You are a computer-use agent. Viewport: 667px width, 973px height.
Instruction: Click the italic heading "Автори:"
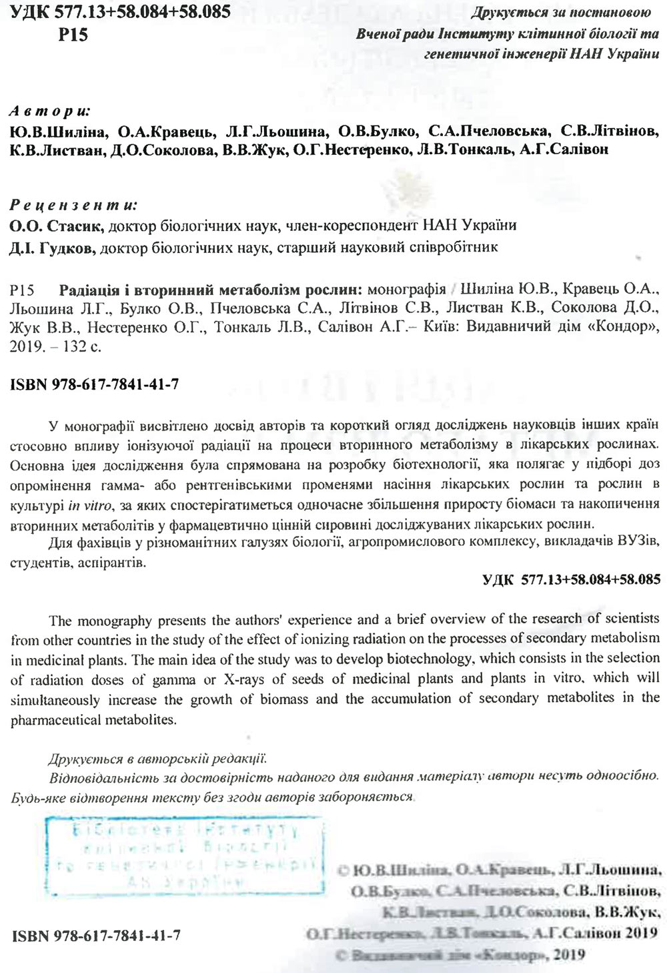coord(51,111)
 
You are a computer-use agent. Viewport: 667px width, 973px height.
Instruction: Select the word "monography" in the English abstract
coord(115,621)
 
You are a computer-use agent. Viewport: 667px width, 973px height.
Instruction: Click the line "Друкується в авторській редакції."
coord(158,759)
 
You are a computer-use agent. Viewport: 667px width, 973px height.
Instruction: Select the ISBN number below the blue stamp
coord(96,935)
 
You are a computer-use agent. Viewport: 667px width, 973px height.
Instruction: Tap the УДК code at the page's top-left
coord(121,12)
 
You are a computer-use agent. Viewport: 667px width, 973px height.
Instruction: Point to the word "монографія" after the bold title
coord(406,290)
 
